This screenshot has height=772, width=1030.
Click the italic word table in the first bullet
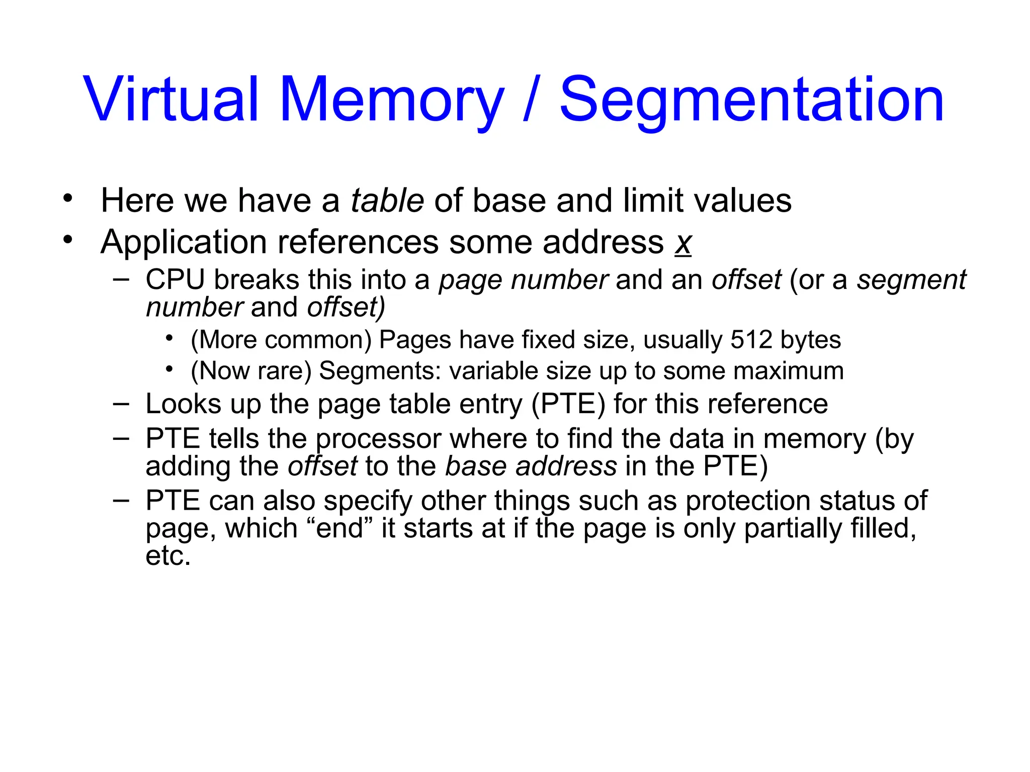[387, 201]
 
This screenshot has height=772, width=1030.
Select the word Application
[184, 242]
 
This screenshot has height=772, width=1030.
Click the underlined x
[683, 243]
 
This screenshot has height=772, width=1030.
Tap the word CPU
[175, 280]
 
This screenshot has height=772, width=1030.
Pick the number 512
[751, 340]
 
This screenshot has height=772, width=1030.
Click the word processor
[379, 439]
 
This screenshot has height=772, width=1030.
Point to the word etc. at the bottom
[168, 556]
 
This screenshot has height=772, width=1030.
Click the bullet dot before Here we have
[68, 199]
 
